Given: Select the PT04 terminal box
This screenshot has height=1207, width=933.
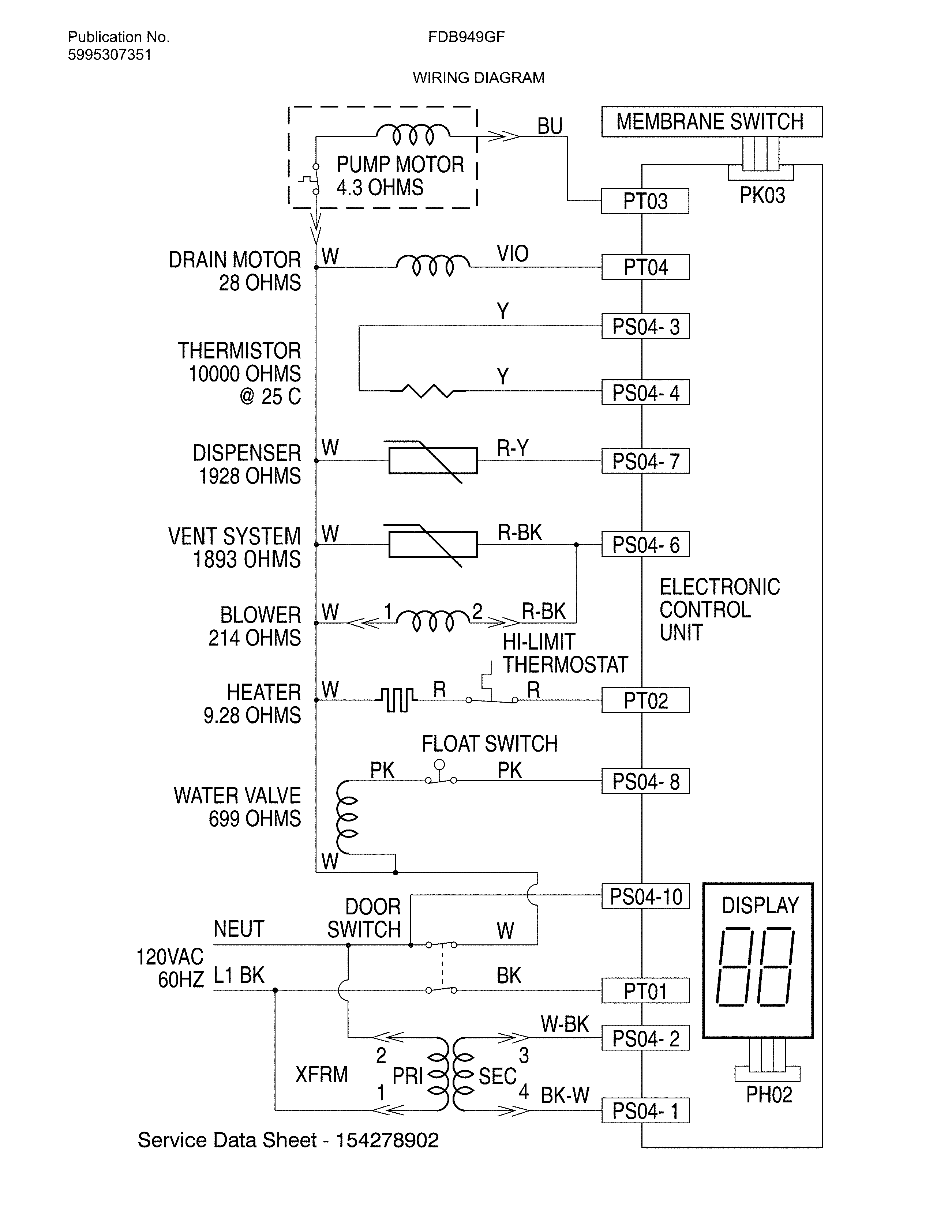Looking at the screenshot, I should click(645, 267).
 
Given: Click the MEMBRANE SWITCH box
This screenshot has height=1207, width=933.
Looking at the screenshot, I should click(711, 121).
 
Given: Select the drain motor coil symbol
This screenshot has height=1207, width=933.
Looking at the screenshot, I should click(433, 265).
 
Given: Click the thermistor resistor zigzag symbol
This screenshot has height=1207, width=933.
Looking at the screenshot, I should click(427, 391).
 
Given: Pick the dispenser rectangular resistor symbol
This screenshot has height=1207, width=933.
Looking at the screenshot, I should click(433, 461).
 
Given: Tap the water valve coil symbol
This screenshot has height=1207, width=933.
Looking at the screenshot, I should click(347, 817).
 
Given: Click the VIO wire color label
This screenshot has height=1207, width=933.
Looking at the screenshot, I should click(512, 254).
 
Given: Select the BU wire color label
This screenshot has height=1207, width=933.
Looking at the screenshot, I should click(550, 127).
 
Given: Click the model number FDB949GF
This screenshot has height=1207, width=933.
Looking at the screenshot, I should click(466, 37).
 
